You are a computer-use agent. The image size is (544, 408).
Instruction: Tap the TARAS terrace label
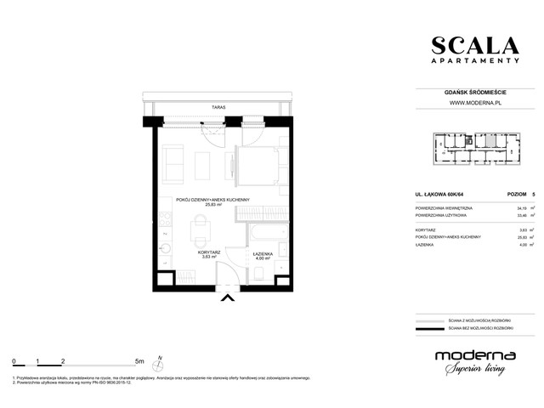click(x=219, y=108)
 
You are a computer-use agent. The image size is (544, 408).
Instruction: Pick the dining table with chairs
click(x=198, y=228)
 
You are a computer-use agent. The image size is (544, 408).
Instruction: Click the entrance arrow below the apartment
click(x=227, y=297)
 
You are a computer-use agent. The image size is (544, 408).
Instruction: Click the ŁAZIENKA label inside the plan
click(x=262, y=253)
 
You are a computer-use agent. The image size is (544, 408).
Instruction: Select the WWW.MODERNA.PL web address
click(x=472, y=104)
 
